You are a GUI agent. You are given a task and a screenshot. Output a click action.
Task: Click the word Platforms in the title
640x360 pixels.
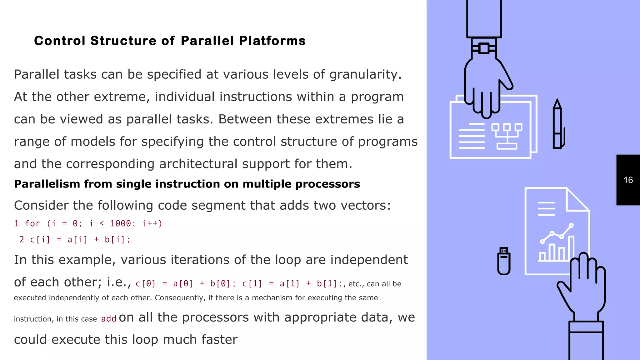(272, 41)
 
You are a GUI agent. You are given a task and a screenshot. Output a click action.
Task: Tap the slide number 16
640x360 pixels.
(628, 180)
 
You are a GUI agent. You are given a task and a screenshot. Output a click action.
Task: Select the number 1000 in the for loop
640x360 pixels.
(121, 223)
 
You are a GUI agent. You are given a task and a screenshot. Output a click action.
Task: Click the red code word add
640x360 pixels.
(109, 319)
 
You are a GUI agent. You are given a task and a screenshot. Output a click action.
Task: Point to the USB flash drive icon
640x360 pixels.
(504, 261)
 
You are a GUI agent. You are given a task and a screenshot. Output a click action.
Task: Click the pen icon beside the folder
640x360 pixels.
(557, 125)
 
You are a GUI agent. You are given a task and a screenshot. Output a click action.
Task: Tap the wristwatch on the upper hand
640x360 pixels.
(484, 48)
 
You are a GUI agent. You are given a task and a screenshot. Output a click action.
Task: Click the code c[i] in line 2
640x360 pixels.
(40, 240)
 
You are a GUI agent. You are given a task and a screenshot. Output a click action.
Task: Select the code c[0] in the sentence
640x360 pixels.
(146, 284)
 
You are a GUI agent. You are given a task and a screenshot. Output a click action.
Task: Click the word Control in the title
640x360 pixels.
(60, 41)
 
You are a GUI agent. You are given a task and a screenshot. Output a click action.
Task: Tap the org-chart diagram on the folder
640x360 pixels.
(507, 136)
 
